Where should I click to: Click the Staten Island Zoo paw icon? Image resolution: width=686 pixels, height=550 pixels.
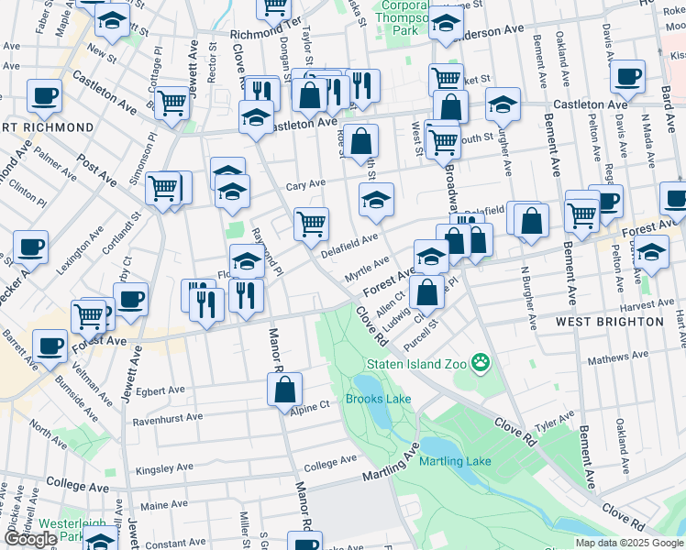[480, 363]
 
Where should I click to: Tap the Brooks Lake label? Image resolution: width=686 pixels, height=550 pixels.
[378, 399]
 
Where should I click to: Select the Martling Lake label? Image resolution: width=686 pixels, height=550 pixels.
[456, 461]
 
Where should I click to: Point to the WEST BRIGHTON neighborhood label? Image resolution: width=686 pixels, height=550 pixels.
[609, 322]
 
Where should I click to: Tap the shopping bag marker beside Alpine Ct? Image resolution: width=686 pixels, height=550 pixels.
[285, 389]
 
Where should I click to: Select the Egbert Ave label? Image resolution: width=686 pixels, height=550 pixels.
[160, 390]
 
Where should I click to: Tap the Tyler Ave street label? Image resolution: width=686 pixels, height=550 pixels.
[555, 423]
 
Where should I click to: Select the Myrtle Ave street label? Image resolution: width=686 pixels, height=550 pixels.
[367, 276]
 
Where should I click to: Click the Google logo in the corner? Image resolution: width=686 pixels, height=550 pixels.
[30, 539]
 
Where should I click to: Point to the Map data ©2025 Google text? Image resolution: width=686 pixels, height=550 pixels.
[629, 543]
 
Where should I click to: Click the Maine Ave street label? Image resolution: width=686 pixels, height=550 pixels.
[164, 504]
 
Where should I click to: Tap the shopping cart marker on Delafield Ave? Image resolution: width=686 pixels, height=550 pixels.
[312, 223]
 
